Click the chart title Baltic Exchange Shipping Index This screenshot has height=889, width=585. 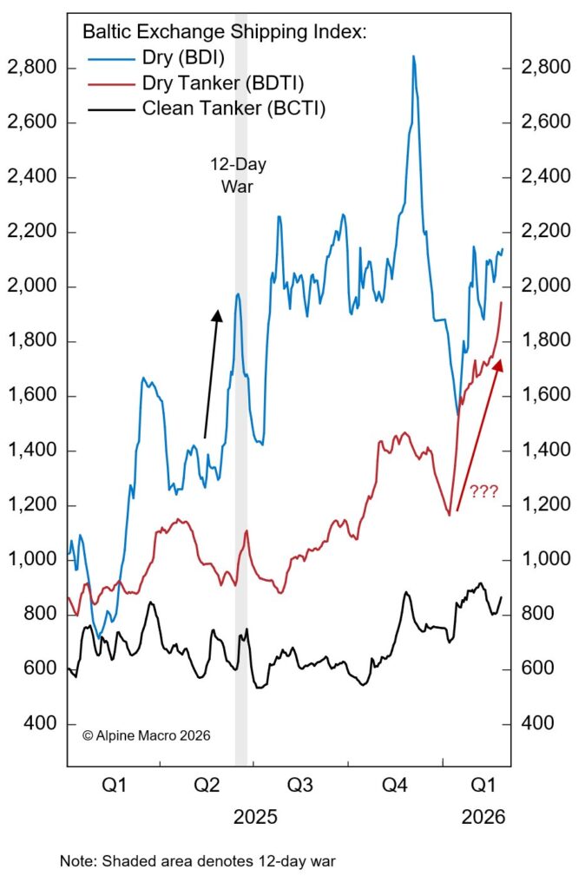point(225,33)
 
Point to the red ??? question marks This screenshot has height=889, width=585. point(483,492)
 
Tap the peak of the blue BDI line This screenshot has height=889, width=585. point(413,57)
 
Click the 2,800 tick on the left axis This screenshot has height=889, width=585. point(31,68)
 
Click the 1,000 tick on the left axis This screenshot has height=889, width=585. point(31,560)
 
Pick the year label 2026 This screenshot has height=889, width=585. point(483,817)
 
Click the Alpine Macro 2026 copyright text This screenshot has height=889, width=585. point(146,734)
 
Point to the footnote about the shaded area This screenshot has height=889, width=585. point(197,862)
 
